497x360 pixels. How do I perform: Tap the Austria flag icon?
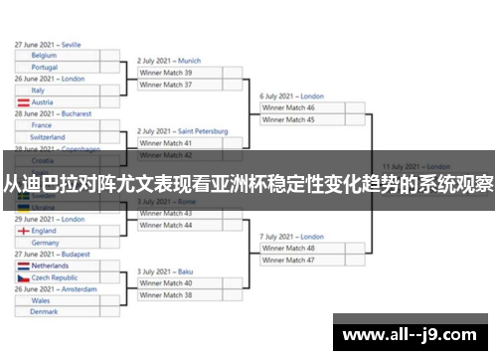pos(22,102)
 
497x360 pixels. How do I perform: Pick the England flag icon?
pos(22,231)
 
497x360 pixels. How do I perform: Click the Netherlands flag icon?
pos(22,267)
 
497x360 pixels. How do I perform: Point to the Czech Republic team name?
pos(56,278)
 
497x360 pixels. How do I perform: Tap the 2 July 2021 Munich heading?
pos(169,61)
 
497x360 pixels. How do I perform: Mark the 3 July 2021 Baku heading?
pos(165,271)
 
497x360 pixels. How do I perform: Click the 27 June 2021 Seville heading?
pos(49,45)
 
